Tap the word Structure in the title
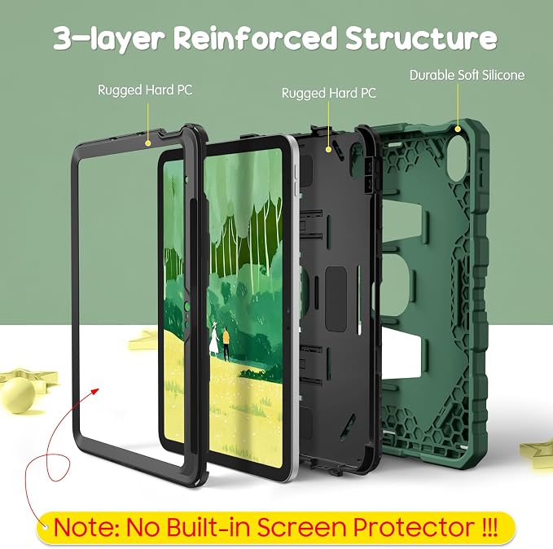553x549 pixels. tap(421, 37)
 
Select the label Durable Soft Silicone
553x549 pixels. tap(467, 75)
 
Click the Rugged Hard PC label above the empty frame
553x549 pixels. tap(145, 90)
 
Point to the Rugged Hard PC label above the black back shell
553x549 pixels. tap(329, 93)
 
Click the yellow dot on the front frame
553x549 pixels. tap(148, 143)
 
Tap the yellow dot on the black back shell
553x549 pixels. tap(328, 150)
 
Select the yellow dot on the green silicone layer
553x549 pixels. tap(458, 130)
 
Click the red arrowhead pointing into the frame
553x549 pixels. tap(94, 392)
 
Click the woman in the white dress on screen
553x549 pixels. tap(214, 338)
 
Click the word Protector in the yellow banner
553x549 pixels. tap(414, 528)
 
